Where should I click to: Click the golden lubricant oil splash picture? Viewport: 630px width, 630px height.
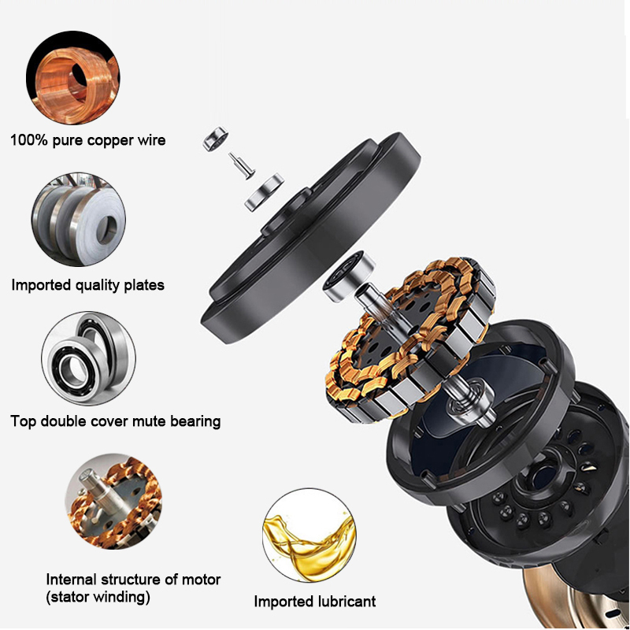(307, 538)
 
